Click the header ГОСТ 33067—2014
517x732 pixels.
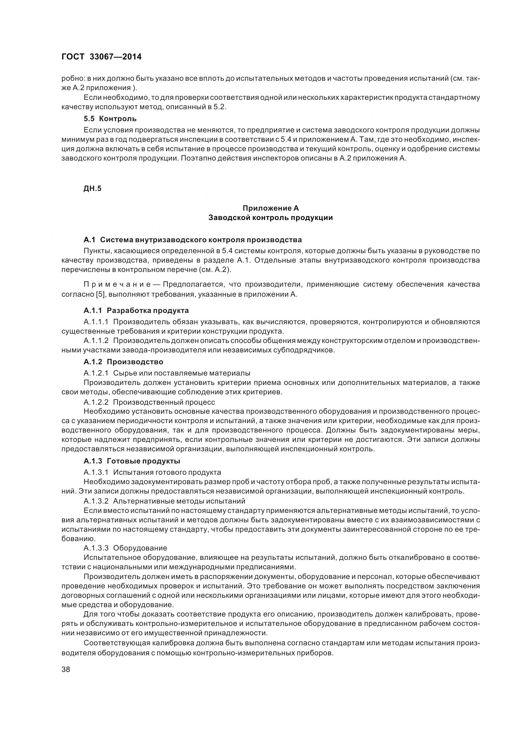(101, 57)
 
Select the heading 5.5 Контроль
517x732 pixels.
(110, 119)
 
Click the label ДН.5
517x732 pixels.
(92, 188)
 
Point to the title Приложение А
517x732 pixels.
(271, 208)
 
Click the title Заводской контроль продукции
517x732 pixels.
(271, 218)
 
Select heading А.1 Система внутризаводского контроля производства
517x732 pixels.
(193, 240)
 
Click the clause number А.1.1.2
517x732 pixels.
(96, 341)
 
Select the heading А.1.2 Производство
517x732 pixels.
(123, 362)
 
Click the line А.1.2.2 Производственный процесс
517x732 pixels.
(149, 402)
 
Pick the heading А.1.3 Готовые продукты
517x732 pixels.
(132, 461)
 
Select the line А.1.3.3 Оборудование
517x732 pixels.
(125, 548)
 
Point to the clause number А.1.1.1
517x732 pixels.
(96, 322)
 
